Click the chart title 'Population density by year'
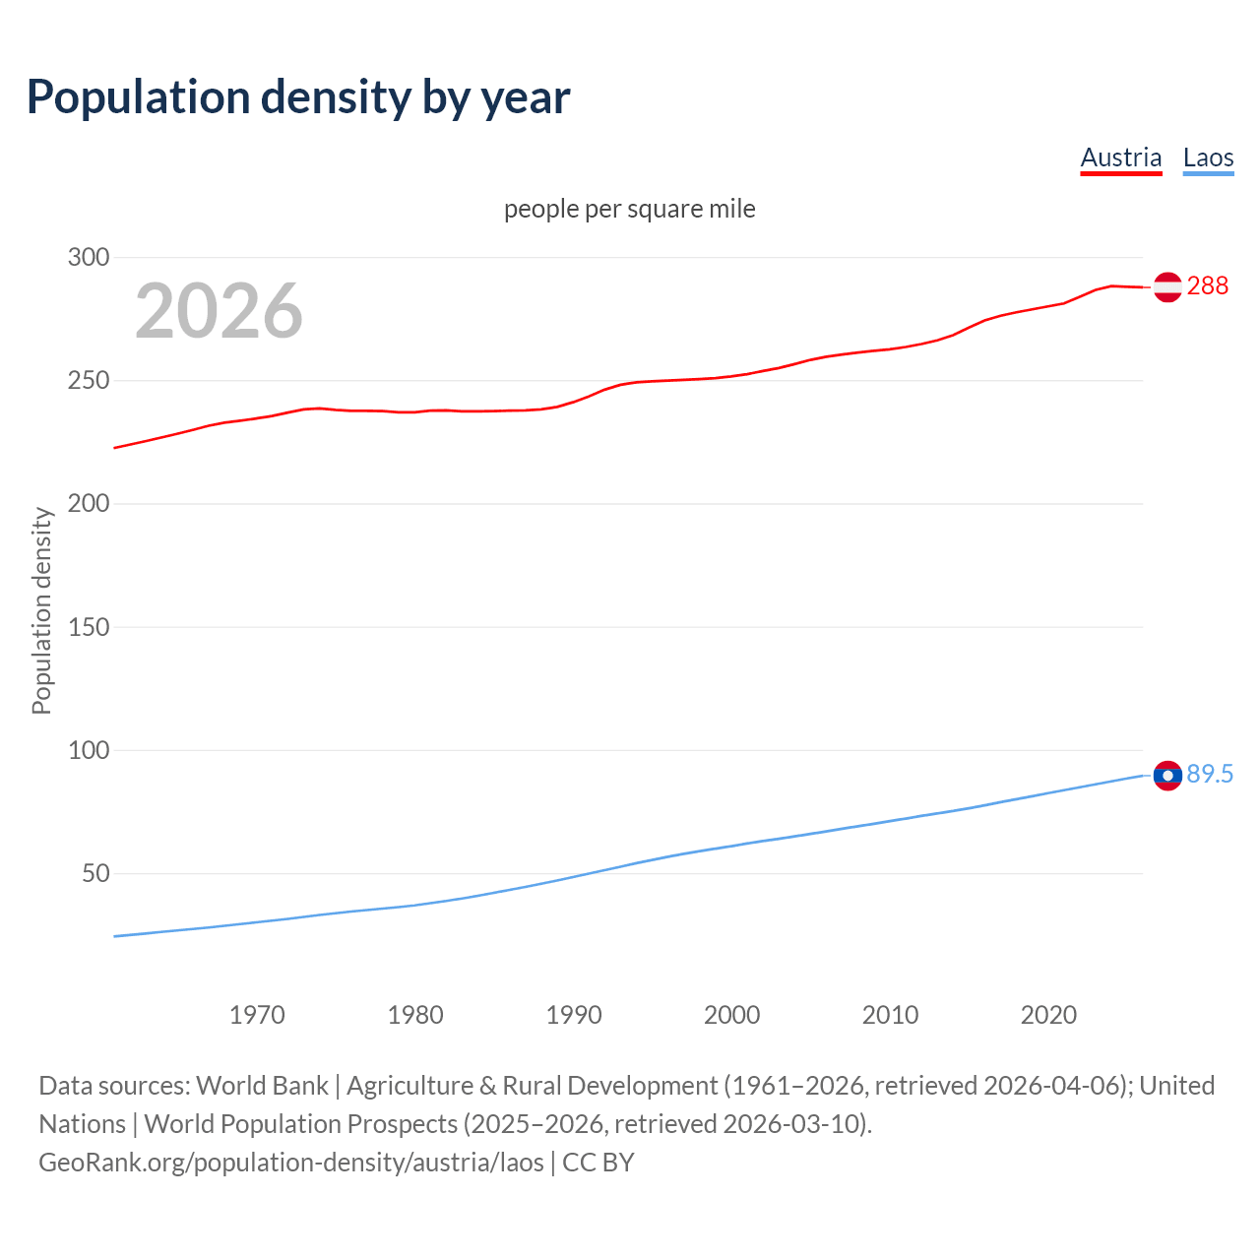point(298,97)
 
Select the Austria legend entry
point(1120,157)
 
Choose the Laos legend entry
point(1208,157)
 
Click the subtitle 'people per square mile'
point(629,209)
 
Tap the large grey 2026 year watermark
point(219,311)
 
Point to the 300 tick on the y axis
point(88,257)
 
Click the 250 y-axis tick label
point(88,380)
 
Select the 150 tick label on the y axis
point(88,627)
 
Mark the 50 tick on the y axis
point(94,873)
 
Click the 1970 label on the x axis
point(257,1015)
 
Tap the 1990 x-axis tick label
point(574,1015)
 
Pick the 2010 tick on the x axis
point(890,1015)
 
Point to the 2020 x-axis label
point(1048,1015)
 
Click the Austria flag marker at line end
point(1167,286)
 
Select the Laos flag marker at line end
point(1167,776)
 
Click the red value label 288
point(1208,285)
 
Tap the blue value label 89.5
point(1210,774)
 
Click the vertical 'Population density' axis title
point(41,610)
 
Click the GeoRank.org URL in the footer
point(291,1162)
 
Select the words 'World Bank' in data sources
point(262,1085)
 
